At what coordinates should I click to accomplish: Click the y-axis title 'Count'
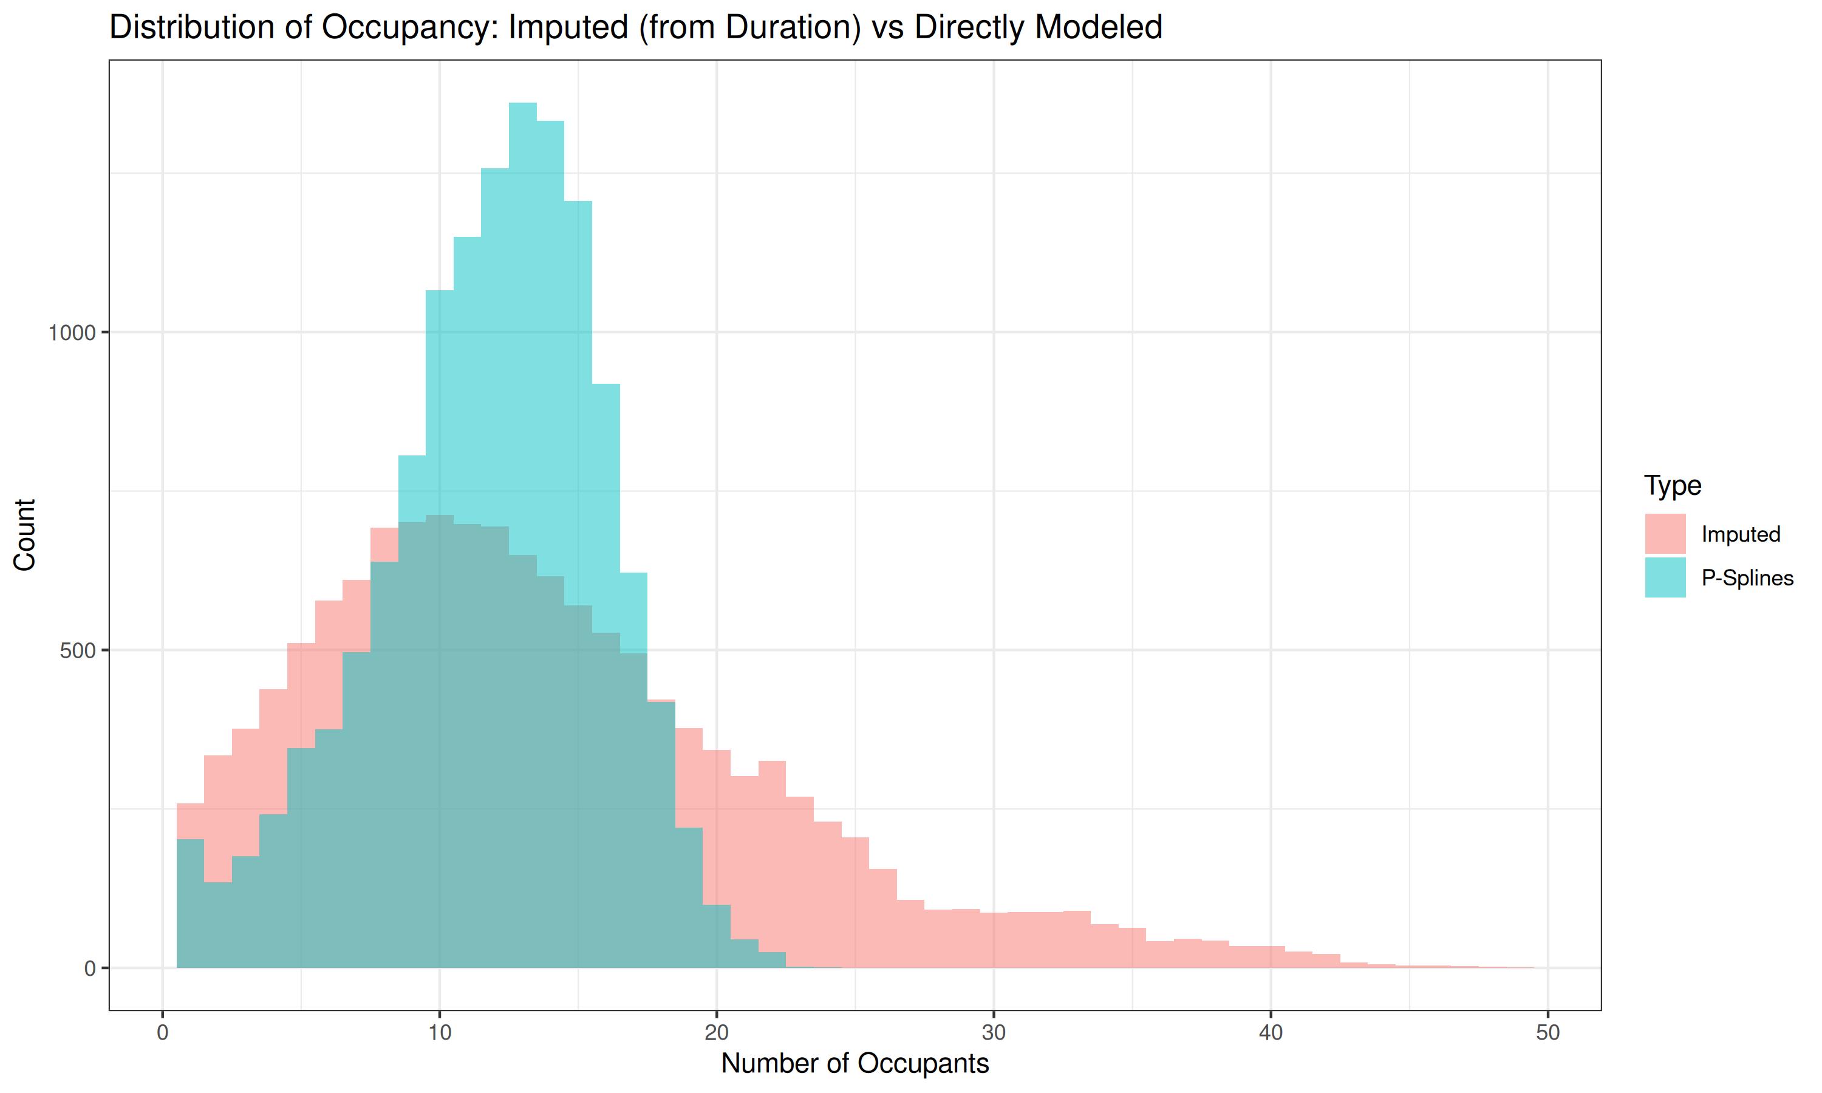[24, 535]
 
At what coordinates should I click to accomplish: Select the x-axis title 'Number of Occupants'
[855, 1063]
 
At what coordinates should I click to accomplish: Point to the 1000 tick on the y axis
[72, 333]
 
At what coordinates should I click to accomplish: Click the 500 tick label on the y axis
[78, 651]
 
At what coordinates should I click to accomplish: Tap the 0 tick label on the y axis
[90, 969]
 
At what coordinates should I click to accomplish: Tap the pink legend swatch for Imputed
[1665, 533]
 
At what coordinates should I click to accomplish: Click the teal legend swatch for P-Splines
[1665, 577]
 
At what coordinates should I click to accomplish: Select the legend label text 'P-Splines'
[1747, 578]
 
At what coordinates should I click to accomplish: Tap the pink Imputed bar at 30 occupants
[994, 941]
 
